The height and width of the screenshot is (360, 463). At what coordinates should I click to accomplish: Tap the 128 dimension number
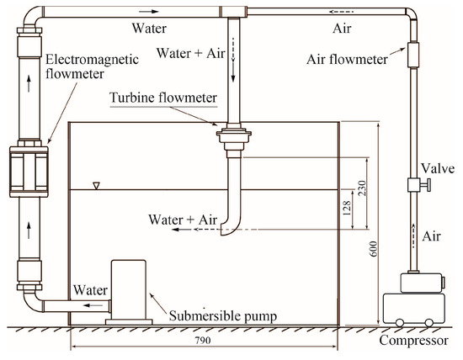(x=346, y=210)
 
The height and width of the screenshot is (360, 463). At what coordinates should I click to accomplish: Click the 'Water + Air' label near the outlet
(x=183, y=220)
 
